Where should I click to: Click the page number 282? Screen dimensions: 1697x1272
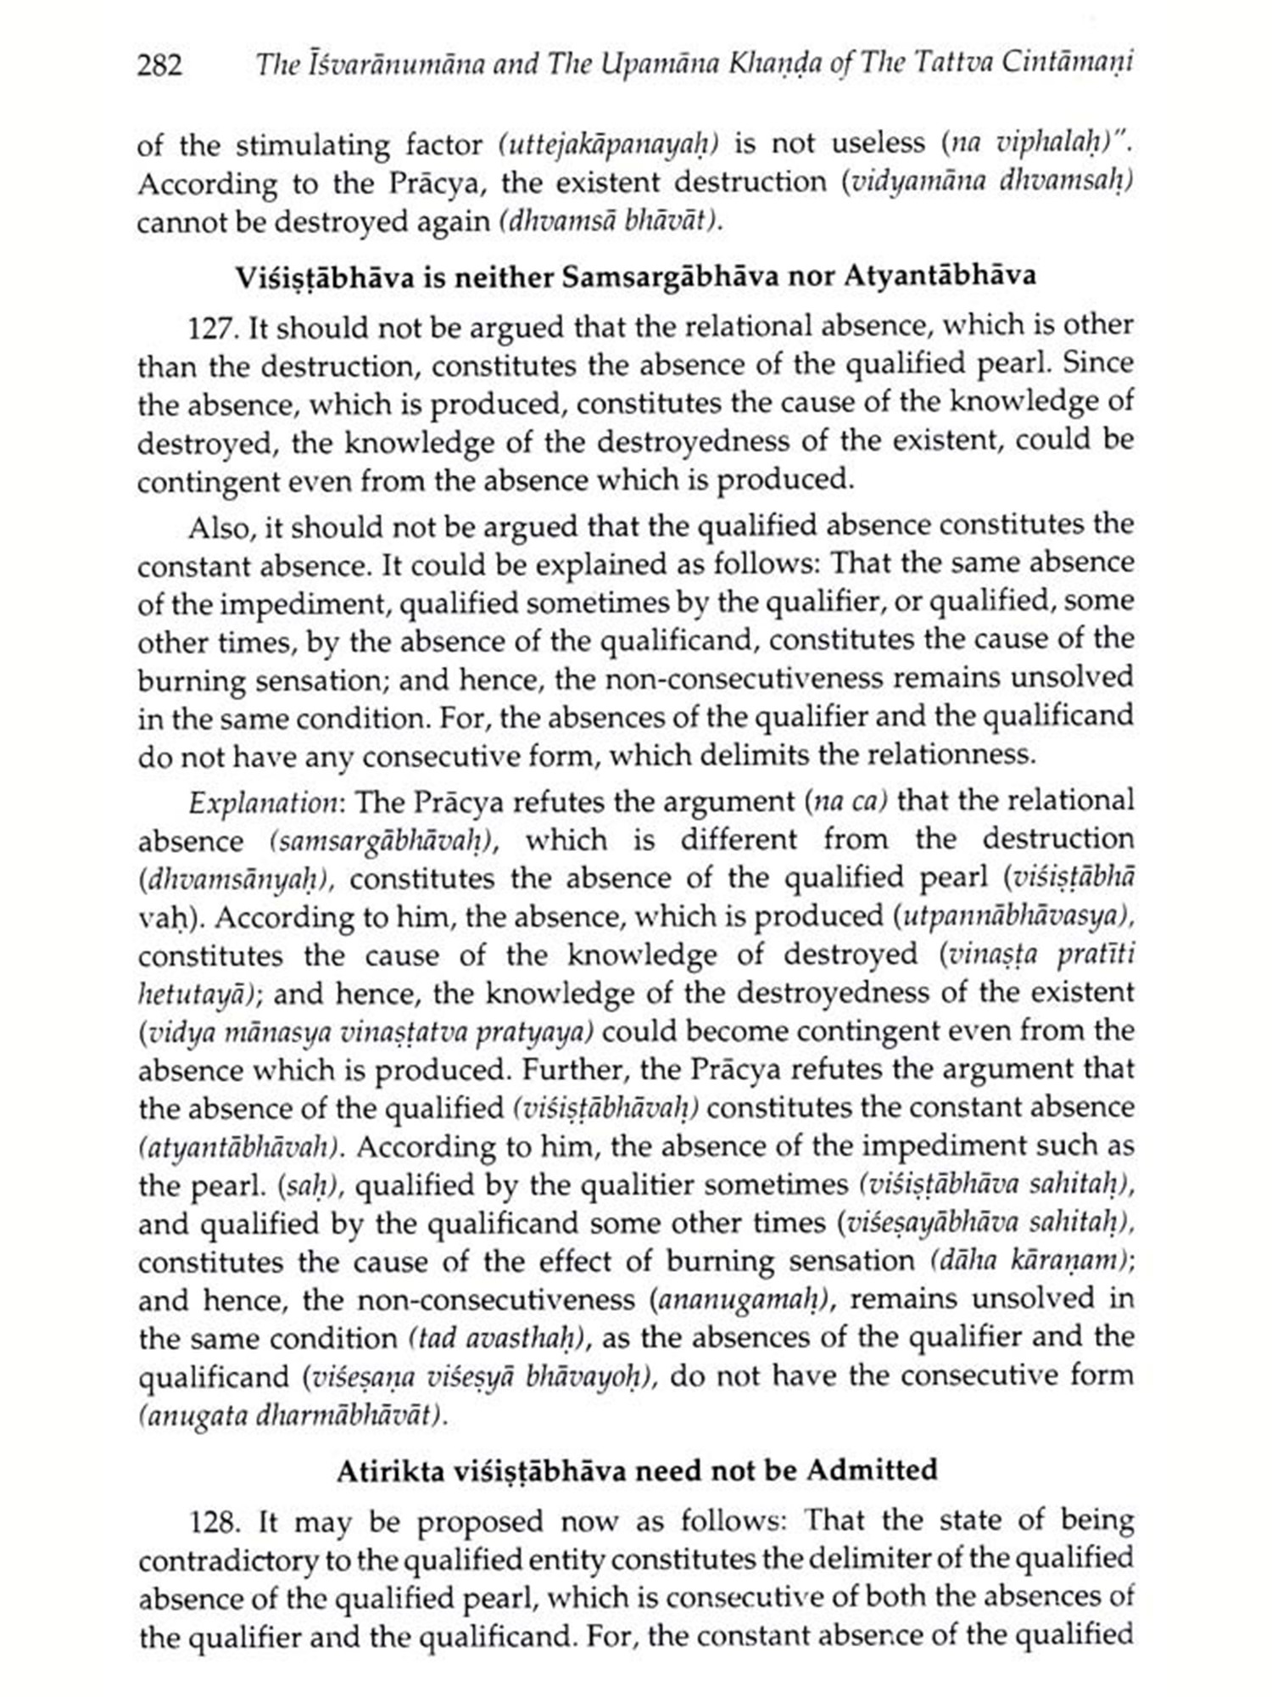point(159,65)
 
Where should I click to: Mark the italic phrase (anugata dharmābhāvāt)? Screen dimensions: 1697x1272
point(292,1416)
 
